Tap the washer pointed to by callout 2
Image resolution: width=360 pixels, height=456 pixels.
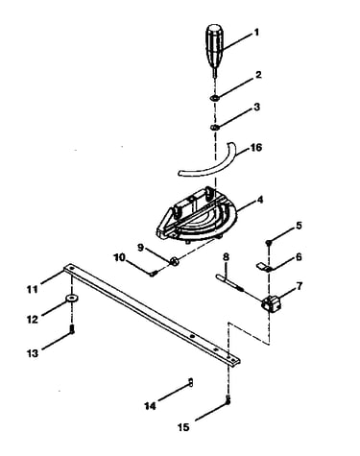tap(215, 98)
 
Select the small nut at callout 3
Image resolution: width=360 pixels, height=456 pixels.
tap(215, 128)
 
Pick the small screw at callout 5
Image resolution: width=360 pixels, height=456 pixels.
tap(269, 243)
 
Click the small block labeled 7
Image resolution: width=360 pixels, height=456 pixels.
tap(272, 303)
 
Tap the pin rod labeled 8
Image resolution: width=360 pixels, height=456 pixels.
tap(229, 282)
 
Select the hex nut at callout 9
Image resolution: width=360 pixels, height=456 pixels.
tap(175, 261)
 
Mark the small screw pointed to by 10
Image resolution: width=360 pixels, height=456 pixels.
tap(153, 274)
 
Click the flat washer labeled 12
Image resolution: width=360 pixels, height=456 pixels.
tap(72, 299)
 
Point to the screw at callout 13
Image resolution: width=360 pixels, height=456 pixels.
tap(72, 329)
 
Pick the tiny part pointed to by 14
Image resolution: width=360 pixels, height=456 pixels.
tap(190, 382)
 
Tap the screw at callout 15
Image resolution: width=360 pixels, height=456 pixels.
tap(228, 400)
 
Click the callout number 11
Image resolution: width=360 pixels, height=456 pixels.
tap(33, 290)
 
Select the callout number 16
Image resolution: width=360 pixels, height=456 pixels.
tap(256, 148)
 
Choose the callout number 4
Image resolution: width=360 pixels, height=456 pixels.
tap(260, 200)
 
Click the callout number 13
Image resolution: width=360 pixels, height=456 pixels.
tap(33, 353)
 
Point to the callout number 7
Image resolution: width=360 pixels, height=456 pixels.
tap(300, 286)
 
